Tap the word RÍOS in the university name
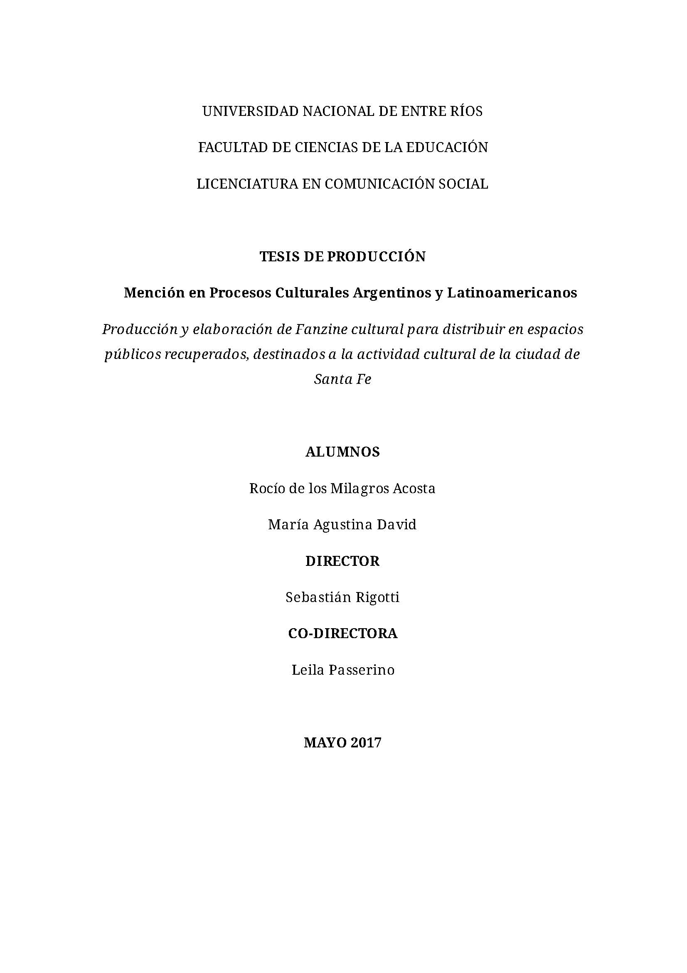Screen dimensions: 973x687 coord(467,111)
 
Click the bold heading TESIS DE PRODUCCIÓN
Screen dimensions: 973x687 coord(342,257)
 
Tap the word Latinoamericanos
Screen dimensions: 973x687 coord(512,293)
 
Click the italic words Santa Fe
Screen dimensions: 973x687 coord(342,379)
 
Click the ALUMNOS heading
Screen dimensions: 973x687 coord(342,452)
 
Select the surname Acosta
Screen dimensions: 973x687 coord(414,489)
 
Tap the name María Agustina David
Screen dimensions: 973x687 coord(342,525)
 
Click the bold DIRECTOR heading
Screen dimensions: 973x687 coord(342,561)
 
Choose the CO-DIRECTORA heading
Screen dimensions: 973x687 coord(342,634)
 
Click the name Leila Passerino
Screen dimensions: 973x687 coord(342,670)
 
